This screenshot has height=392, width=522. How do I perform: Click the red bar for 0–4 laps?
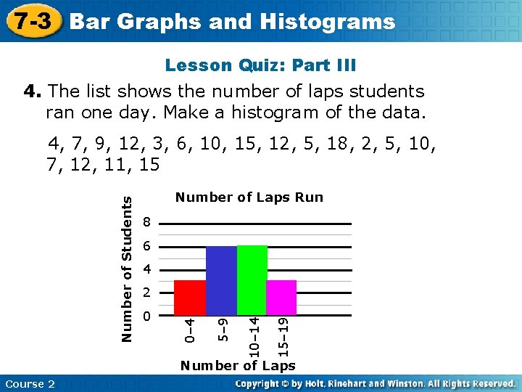point(190,298)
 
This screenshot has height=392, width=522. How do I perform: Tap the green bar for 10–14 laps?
point(252,281)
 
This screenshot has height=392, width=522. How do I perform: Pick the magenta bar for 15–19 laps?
point(281,298)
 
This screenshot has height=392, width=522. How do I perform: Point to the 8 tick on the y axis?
point(147,222)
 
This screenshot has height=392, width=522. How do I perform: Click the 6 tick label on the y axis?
point(147,247)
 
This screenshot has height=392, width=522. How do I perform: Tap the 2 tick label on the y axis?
point(147,294)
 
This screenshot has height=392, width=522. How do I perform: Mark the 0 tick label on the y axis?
point(147,317)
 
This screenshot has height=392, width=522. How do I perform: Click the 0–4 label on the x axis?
point(188,330)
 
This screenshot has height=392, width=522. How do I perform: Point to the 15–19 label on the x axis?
point(285,330)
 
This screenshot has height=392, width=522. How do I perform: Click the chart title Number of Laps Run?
point(249,197)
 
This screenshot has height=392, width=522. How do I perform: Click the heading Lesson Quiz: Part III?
point(260,66)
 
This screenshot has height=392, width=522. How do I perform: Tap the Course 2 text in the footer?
point(30,384)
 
